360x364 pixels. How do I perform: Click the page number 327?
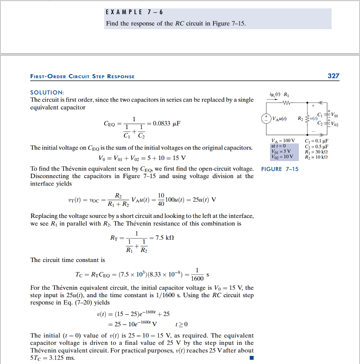[333, 76]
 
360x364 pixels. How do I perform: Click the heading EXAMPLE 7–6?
[134, 12]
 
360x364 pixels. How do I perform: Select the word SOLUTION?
[47, 92]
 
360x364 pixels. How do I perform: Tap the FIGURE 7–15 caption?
[280, 169]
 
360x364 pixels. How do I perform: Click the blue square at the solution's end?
[252, 358]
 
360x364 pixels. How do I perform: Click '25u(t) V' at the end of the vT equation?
[204, 199]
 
